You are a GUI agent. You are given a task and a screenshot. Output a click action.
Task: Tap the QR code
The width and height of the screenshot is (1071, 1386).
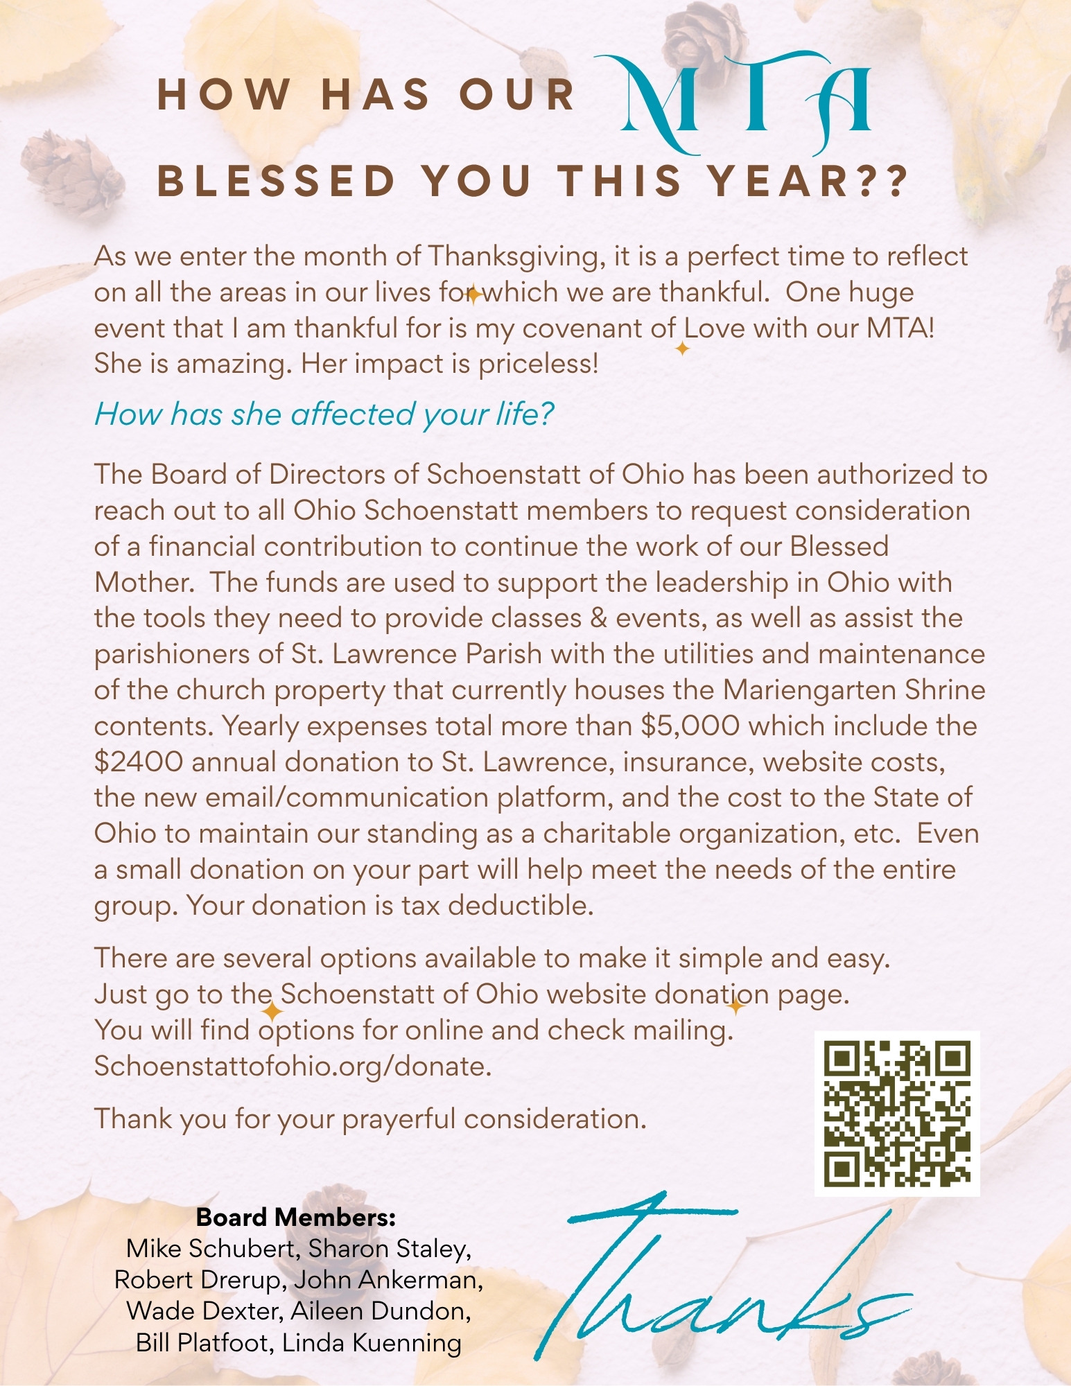[x=896, y=1114]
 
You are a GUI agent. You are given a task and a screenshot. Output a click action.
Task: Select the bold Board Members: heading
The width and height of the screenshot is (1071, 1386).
[x=296, y=1217]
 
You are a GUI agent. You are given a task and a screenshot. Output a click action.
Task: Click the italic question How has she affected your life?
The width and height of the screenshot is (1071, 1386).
[x=324, y=414]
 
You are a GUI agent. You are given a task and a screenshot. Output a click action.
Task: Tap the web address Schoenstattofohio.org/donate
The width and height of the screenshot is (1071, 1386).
[x=293, y=1066]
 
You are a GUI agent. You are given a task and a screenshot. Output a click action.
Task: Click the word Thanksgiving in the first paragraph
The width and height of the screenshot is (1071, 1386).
[x=512, y=256]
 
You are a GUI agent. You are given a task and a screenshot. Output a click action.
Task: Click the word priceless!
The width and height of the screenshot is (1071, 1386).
[x=538, y=365]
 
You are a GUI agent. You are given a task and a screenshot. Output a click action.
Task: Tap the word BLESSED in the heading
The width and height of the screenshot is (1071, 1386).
[x=277, y=181]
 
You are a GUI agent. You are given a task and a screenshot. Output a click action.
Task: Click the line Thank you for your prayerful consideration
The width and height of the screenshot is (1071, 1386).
[x=370, y=1119]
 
